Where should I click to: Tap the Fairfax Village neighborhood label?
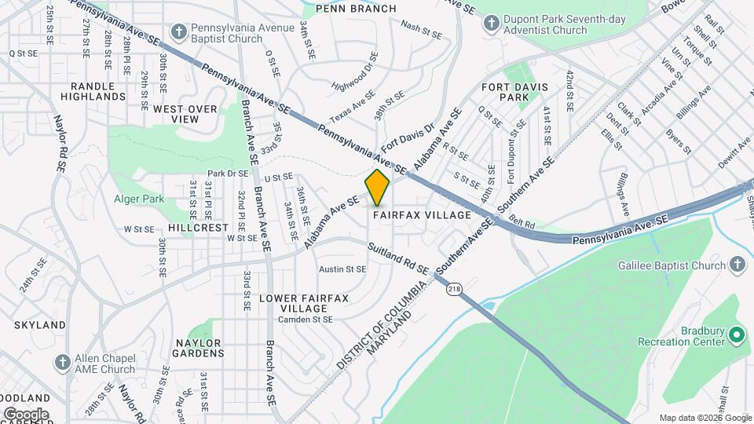click(422, 214)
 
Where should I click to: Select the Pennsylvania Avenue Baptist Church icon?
click(179, 32)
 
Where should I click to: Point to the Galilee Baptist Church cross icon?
click(737, 265)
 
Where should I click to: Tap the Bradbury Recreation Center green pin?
click(737, 336)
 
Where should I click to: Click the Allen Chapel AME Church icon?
click(63, 363)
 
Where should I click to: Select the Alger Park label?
click(138, 199)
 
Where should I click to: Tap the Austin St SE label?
click(342, 269)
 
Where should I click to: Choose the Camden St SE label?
click(307, 320)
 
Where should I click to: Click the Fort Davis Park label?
click(516, 92)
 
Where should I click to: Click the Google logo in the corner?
click(25, 414)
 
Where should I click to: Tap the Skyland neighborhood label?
click(39, 325)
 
